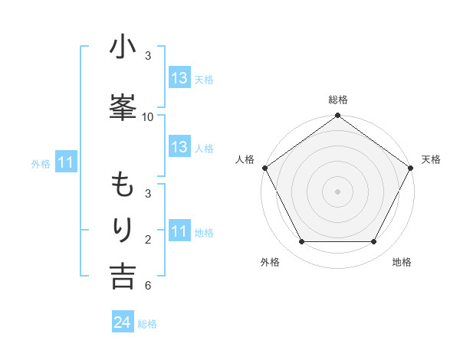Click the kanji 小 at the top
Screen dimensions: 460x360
123,48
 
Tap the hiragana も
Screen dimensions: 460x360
123,185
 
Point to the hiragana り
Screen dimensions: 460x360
123,231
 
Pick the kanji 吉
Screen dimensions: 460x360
123,276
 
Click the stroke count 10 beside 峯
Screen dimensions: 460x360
148,117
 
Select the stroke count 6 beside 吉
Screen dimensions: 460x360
148,286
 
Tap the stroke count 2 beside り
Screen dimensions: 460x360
148,241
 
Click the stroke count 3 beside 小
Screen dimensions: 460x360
148,56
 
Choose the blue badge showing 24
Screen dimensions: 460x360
123,322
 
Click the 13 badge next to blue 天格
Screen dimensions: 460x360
179,77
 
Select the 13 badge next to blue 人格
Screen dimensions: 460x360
179,147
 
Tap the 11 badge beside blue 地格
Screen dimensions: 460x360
179,231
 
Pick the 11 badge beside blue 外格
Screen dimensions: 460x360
65,162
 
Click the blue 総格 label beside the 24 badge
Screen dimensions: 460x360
147,324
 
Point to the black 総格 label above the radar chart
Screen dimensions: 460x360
338,100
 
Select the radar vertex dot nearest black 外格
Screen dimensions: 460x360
301,242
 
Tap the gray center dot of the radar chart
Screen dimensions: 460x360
338,191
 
